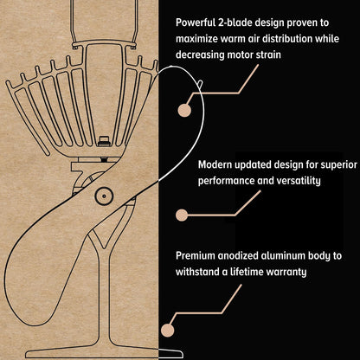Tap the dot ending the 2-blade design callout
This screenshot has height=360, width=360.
point(184,110)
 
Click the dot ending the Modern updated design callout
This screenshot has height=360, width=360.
point(182,215)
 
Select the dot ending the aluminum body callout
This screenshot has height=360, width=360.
point(168,331)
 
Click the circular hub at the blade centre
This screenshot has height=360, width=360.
point(104,196)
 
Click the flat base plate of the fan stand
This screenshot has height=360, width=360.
point(104,352)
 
